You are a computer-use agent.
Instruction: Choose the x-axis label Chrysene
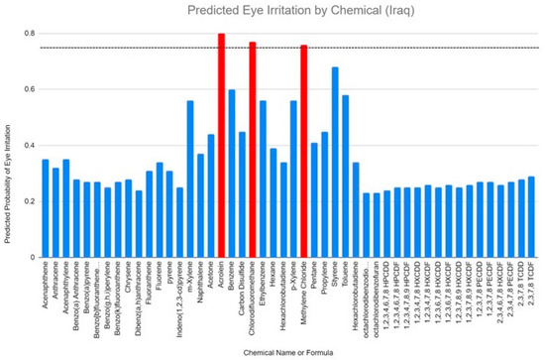pyautogui.click(x=128, y=278)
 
